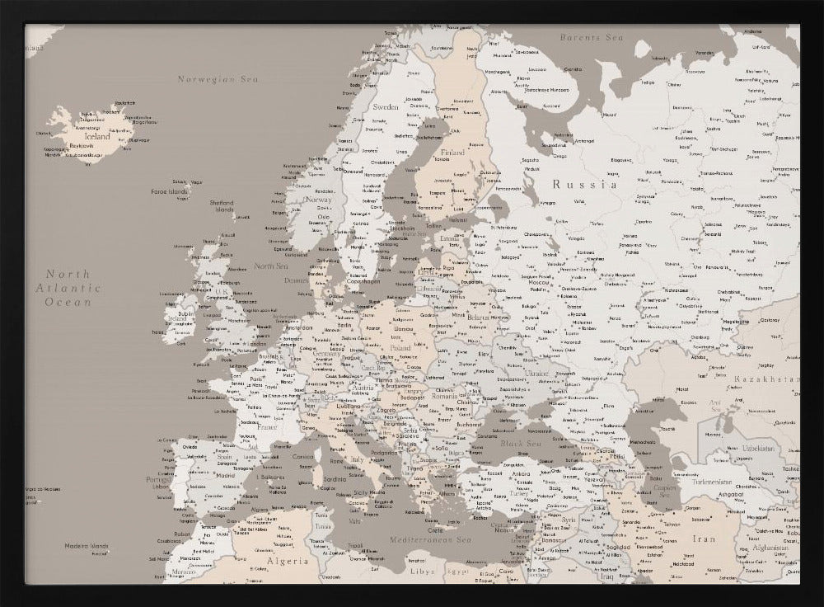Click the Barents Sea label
(591, 38)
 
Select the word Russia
(584, 185)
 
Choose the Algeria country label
(286, 561)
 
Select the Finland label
(452, 153)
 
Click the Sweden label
(386, 107)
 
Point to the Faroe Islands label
(169, 191)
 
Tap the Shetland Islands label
(221, 205)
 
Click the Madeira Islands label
(88, 545)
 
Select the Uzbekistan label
(756, 448)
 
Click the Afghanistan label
(776, 548)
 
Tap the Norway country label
(318, 200)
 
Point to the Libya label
(421, 571)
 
